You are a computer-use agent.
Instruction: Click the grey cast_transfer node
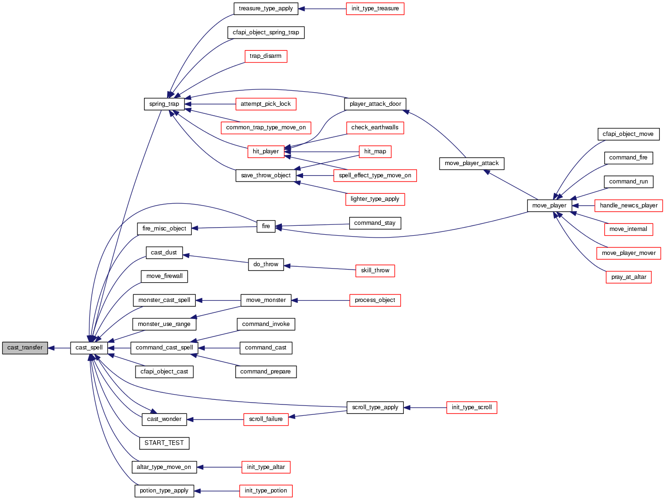[25, 348]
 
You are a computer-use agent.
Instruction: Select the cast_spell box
[89, 348]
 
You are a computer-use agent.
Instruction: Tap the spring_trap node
[164, 104]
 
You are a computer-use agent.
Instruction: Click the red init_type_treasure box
[375, 8]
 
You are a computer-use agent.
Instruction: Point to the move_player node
[549, 206]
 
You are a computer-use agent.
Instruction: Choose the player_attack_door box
[375, 104]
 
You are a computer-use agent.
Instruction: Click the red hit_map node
[375, 151]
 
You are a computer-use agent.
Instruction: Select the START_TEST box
[164, 443]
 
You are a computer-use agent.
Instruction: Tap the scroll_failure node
[266, 419]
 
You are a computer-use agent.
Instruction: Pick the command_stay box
[375, 223]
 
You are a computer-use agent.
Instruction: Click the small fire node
[266, 226]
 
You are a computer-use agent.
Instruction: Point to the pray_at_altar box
[628, 277]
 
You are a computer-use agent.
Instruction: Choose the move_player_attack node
[472, 163]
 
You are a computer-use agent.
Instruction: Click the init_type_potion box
[266, 491]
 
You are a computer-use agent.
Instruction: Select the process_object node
[375, 300]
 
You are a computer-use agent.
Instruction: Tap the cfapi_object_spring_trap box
[266, 32]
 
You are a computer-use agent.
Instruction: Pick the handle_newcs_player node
[629, 206]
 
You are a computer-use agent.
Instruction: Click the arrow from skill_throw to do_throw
[320, 268]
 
